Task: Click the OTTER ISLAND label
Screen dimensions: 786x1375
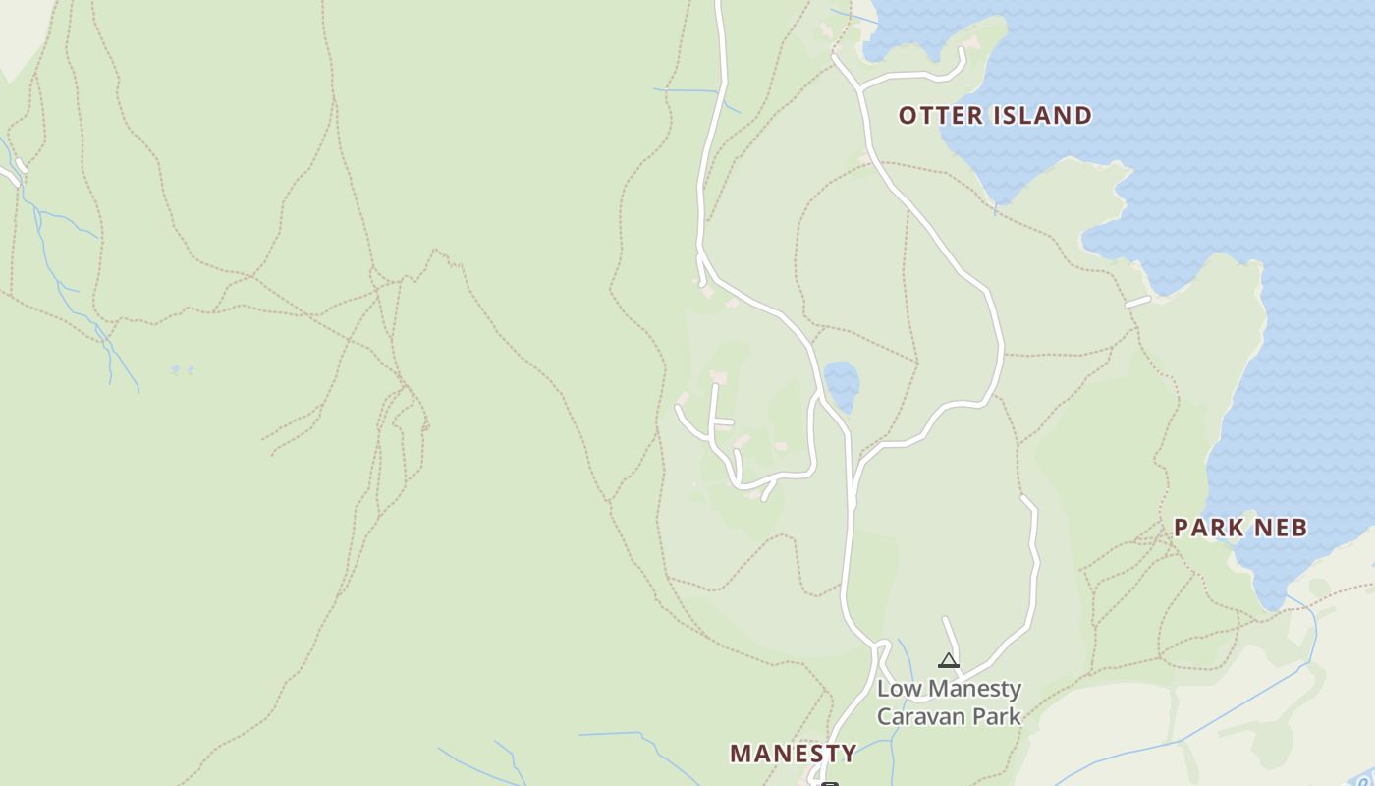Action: [995, 116]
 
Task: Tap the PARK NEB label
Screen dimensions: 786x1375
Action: [1240, 528]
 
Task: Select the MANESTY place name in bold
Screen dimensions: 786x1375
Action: [793, 754]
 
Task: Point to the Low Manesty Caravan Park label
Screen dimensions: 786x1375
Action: [949, 702]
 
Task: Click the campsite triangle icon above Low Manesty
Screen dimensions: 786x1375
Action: [948, 660]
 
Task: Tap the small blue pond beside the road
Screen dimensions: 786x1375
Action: [842, 384]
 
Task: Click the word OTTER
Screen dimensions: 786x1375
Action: [940, 116]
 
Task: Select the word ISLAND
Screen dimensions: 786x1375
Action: [1041, 116]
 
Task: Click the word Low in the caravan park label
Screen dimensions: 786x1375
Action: [898, 689]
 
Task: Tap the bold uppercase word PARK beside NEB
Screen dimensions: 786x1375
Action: [1207, 528]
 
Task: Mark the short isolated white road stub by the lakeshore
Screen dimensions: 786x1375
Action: [1137, 302]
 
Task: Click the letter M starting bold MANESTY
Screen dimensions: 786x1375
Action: [741, 754]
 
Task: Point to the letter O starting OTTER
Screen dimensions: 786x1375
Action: [907, 116]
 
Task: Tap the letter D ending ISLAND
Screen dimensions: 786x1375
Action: [1082, 116]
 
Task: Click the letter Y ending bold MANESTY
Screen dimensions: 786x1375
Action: [847, 754]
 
